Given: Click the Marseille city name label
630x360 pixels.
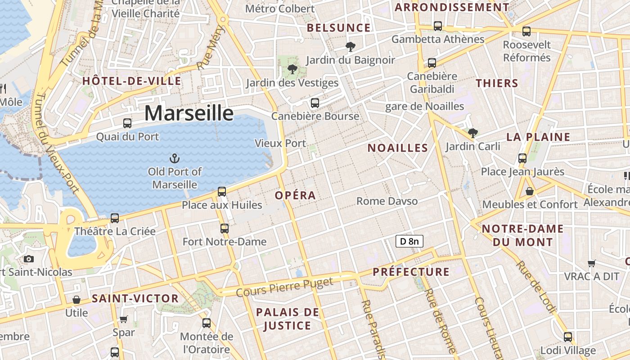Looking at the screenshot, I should pos(189,112).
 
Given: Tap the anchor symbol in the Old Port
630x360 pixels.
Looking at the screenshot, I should pos(174,158).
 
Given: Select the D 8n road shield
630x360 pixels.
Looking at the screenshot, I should pos(409,241).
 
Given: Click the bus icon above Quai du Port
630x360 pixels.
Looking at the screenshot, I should pos(127,123).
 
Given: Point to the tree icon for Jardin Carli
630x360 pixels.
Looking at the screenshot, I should pos(472,133).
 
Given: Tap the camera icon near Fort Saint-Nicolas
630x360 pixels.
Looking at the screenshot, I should pos(29,259).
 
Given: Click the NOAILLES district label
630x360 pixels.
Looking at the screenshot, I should pos(397,148).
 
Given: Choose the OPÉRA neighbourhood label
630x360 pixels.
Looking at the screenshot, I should pos(295,195).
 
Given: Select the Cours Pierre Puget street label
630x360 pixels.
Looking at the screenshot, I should pos(284,287).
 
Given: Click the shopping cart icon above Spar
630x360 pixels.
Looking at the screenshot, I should pos(124,319).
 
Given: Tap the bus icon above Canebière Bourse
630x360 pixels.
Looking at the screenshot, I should pos(315,103).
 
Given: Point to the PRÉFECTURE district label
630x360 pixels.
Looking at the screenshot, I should pos(411,272).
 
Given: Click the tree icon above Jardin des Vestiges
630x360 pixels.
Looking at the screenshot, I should pos(292,69).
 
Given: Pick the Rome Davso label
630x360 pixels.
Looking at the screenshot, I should pos(387,201).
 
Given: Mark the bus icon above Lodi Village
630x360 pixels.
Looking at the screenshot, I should pos(568,337).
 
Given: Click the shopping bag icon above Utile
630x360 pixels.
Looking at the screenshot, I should pos(76,299).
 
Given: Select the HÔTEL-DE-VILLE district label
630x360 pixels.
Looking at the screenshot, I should pos(131,81).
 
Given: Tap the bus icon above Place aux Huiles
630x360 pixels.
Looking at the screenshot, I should pos(222,191).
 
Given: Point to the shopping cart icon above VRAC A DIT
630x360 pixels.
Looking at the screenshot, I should pos(592,263).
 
